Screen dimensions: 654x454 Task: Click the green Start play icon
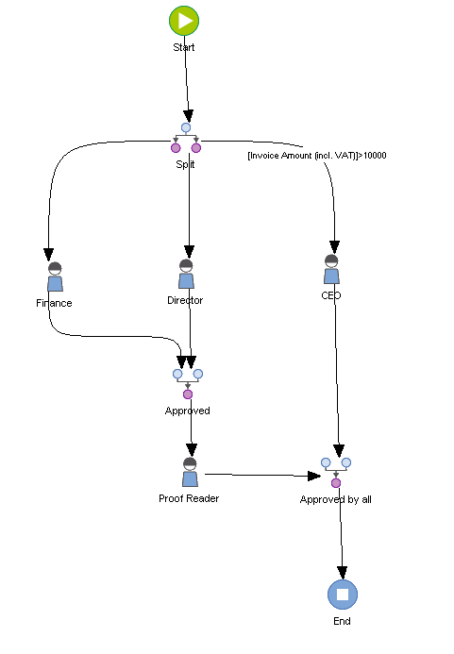[x=184, y=20]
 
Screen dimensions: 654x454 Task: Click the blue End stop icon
[x=343, y=595]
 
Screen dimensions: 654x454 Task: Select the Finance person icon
[x=54, y=277]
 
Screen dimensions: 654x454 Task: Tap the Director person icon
[x=187, y=275]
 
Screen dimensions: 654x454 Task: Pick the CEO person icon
[x=331, y=269]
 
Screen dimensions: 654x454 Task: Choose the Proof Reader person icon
[x=190, y=472]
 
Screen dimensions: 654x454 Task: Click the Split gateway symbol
[x=186, y=138]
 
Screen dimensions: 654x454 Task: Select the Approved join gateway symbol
[x=188, y=383]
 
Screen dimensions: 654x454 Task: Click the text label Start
[x=184, y=46]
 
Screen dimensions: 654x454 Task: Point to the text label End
[x=342, y=622]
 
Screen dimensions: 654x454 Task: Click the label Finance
[x=54, y=303]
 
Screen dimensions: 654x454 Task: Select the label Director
[x=185, y=300]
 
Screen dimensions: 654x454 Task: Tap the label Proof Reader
[x=189, y=497]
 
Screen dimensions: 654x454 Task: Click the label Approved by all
[x=336, y=499]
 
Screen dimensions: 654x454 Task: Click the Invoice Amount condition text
[x=316, y=156]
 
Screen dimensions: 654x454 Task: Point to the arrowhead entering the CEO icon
[x=334, y=248]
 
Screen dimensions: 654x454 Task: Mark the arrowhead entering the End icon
[x=342, y=572]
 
